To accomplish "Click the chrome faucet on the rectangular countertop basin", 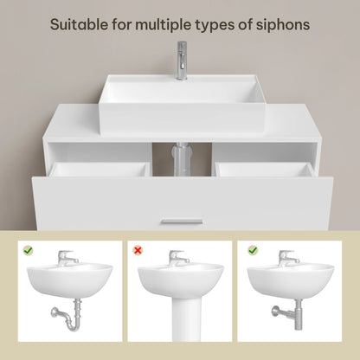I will click(182, 61).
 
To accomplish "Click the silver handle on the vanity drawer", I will click(181, 222).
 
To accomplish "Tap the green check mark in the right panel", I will click(252, 251).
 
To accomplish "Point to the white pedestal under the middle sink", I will click(180, 320).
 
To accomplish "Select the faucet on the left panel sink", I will click(67, 257).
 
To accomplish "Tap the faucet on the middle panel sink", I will click(179, 257).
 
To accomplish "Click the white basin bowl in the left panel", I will click(69, 281).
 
